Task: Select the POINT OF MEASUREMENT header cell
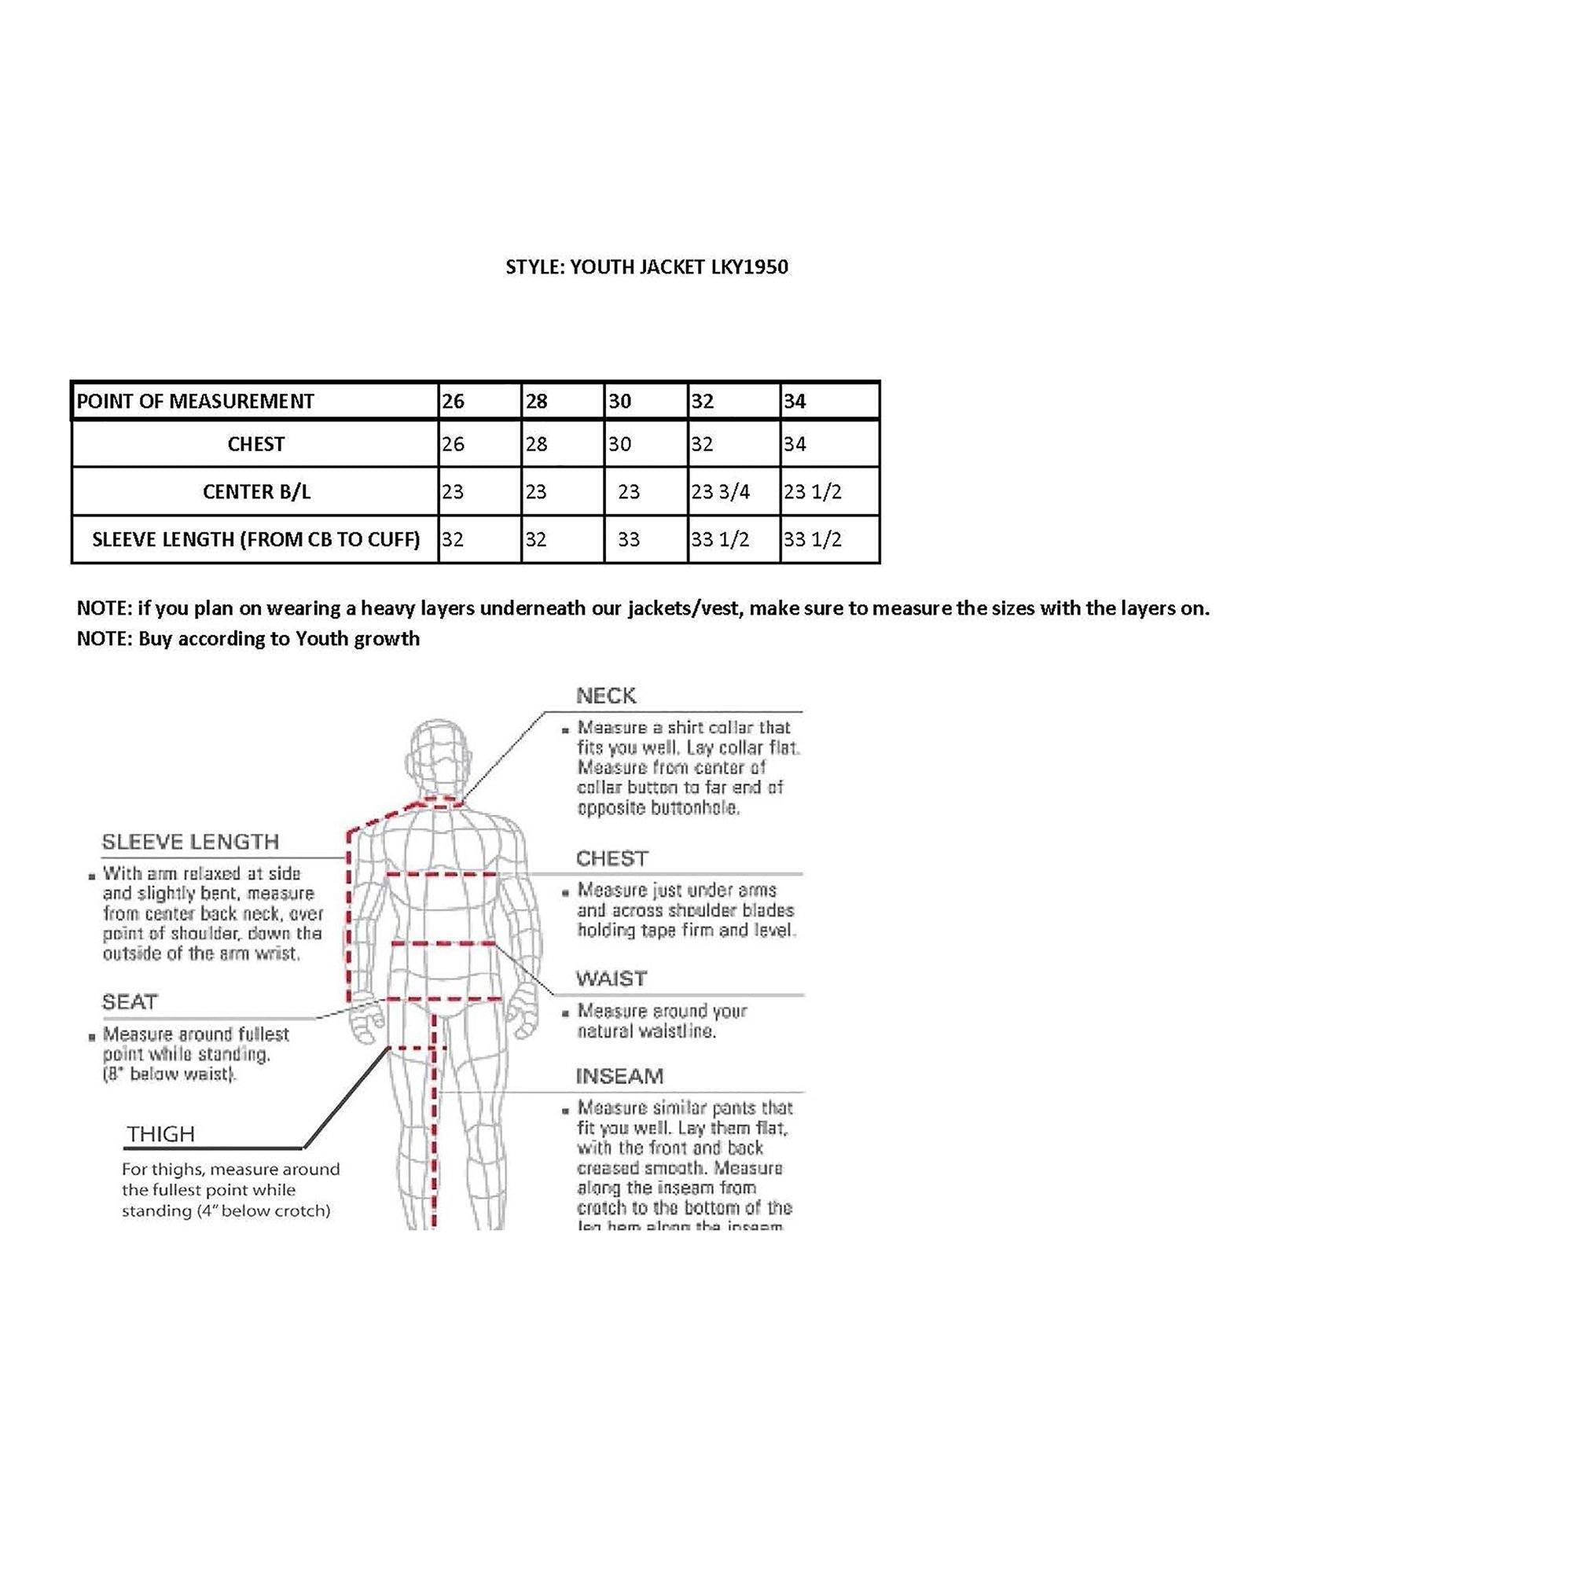(195, 401)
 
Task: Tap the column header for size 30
(620, 401)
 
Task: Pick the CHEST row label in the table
(255, 444)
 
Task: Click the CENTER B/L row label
(256, 491)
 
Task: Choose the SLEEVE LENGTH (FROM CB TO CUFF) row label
(255, 539)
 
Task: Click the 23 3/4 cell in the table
(720, 491)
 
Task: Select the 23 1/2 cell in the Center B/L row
(812, 491)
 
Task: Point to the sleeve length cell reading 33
(629, 539)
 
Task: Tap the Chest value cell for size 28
(536, 444)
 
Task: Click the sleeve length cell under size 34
(812, 539)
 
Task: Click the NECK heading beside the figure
(606, 696)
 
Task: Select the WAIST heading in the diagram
(611, 978)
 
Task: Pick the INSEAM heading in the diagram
(619, 1077)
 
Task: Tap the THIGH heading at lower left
(161, 1134)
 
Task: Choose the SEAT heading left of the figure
(130, 1002)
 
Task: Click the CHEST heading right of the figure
(612, 858)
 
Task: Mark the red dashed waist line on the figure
(443, 944)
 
